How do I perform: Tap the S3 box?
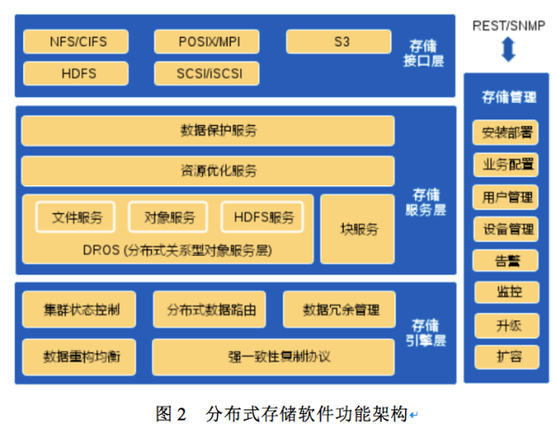(338, 42)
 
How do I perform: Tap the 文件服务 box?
(76, 218)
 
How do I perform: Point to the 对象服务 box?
(169, 218)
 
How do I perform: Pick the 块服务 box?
(359, 229)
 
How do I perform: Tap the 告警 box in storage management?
(506, 260)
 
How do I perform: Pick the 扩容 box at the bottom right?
(506, 356)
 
